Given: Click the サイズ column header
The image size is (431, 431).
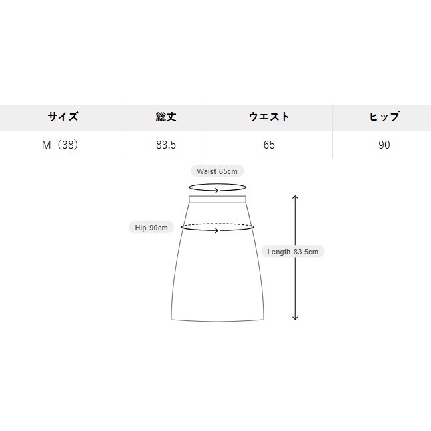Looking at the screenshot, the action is [x=63, y=117].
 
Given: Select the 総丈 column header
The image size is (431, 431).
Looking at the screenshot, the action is [x=166, y=117].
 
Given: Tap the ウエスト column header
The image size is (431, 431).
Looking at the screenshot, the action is [x=269, y=117].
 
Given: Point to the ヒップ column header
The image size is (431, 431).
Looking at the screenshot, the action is [x=384, y=117].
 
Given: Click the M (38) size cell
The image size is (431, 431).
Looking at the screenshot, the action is [x=60, y=145].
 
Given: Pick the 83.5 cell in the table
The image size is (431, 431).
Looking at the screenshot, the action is [x=166, y=145].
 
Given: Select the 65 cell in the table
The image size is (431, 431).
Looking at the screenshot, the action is [x=269, y=145].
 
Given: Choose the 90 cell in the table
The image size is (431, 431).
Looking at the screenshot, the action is [x=384, y=145].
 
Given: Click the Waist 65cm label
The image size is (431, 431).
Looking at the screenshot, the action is [x=217, y=171].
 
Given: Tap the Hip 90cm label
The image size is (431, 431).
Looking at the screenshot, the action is [x=151, y=228].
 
